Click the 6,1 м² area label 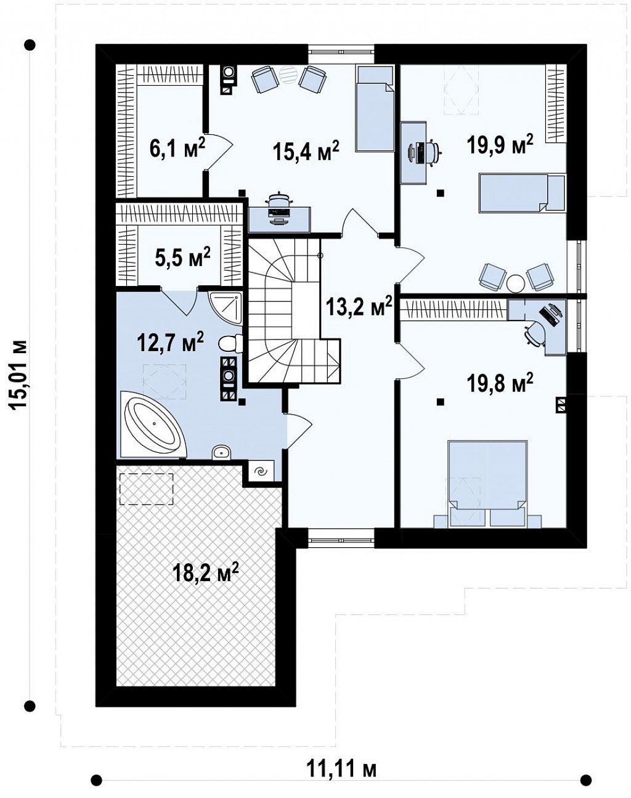[177, 149]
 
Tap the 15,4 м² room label [306, 151]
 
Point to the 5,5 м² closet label [182, 258]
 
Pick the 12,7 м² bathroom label [171, 343]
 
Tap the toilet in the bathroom [230, 343]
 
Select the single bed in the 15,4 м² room [374, 108]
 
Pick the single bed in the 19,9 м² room [522, 193]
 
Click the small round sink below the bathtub [221, 452]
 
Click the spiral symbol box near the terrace [261, 471]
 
